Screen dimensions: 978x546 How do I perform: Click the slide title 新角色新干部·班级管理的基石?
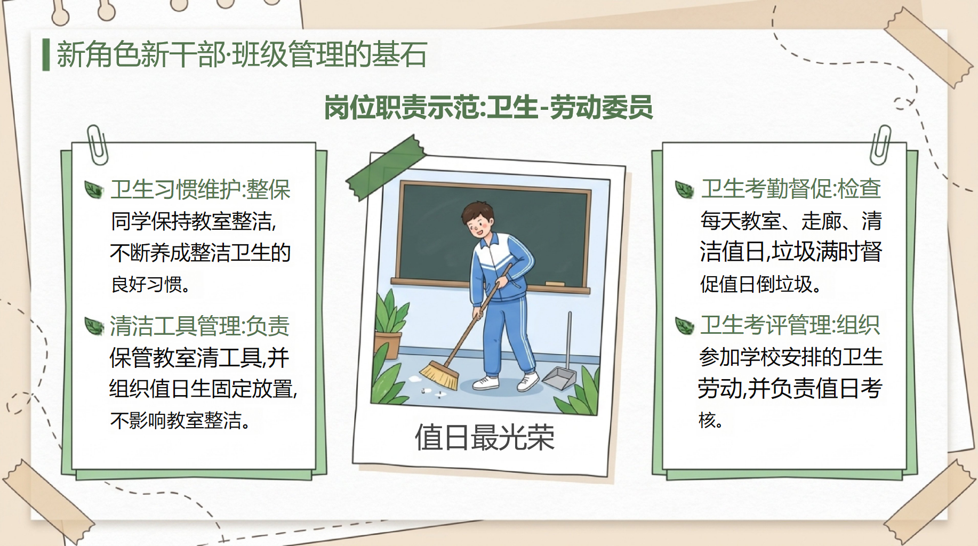pos(242,54)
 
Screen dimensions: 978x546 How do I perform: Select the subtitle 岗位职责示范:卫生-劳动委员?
pos(488,107)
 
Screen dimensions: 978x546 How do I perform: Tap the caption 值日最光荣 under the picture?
pos(485,437)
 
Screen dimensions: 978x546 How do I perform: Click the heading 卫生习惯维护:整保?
pos(201,189)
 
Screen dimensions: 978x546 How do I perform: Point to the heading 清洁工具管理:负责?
pos(199,326)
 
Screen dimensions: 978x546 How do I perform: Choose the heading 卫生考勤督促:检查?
pos(791,188)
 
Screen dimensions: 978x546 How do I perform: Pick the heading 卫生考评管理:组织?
pos(790,325)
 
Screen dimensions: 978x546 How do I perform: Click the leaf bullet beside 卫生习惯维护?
pos(94,189)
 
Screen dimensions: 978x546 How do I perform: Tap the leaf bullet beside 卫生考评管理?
pos(684,325)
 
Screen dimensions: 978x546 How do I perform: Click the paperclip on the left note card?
pos(97,144)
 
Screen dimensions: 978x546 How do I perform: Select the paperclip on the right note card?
pos(880,144)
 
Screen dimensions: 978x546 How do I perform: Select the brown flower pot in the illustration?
pos(388,346)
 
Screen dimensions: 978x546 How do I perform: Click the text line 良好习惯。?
pos(151,284)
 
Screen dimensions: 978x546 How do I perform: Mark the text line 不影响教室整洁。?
pos(180,420)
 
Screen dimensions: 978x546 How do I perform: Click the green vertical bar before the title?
pos(46,54)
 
